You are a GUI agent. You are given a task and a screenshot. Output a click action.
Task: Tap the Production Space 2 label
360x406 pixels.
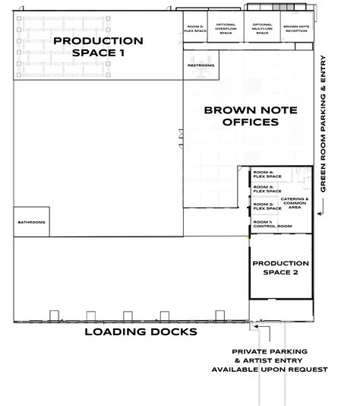[x=280, y=268]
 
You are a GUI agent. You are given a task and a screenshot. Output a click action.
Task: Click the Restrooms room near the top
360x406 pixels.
[x=201, y=65]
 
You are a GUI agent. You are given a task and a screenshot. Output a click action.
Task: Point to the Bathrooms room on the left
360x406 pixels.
[x=31, y=222]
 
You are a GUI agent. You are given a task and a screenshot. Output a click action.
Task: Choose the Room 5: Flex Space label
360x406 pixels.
[x=196, y=29]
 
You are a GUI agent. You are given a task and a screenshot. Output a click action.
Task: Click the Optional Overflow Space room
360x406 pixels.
[x=226, y=29]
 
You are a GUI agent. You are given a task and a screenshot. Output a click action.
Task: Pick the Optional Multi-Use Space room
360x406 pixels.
[x=262, y=29]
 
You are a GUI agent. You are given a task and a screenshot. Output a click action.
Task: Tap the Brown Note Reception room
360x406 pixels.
[x=295, y=29]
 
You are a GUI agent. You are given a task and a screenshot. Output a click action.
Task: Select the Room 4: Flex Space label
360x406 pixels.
[x=267, y=174]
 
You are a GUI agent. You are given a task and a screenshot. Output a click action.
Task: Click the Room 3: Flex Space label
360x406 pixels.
[x=267, y=189]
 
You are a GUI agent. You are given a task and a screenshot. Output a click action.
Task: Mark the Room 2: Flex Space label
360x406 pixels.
[x=267, y=205]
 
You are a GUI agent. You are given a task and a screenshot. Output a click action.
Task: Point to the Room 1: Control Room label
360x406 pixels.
[x=271, y=224]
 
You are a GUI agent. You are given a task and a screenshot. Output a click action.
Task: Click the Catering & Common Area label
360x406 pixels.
[x=295, y=202]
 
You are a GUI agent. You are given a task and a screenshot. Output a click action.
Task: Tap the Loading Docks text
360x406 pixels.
[x=141, y=332]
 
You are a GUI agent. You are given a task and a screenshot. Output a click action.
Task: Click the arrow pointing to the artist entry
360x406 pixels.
[x=258, y=328]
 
